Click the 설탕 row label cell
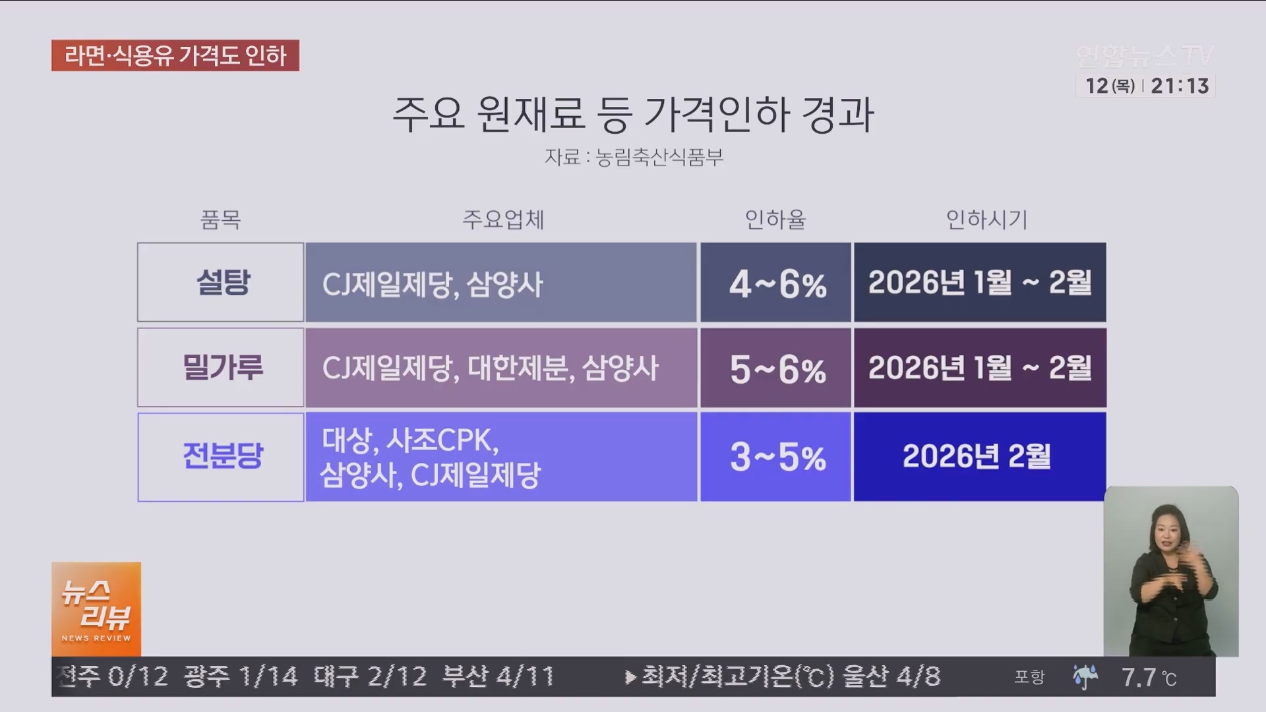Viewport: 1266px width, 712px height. click(221, 282)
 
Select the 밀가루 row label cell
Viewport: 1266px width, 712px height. click(221, 368)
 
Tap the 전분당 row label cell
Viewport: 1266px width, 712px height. click(221, 457)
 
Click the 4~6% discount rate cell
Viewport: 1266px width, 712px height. click(776, 283)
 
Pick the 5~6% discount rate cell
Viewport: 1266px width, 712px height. click(776, 368)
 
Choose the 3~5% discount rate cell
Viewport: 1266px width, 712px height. click(776, 457)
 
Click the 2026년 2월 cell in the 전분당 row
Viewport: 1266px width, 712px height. click(980, 457)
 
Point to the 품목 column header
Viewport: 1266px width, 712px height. click(221, 220)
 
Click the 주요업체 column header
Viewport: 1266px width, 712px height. click(503, 220)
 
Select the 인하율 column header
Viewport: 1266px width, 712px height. click(775, 220)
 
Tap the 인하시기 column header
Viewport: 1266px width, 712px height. click(986, 220)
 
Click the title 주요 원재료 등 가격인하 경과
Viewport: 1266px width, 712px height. click(633, 115)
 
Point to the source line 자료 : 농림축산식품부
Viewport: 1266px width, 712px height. click(634, 158)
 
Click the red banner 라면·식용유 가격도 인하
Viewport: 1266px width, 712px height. click(175, 56)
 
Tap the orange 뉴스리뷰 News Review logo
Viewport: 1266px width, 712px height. click(96, 608)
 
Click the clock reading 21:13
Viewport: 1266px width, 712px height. click(1180, 86)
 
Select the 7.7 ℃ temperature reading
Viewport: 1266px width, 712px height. click(1148, 677)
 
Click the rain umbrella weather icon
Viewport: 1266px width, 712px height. click(1085, 677)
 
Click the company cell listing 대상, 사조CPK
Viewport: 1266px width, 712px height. click(501, 457)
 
